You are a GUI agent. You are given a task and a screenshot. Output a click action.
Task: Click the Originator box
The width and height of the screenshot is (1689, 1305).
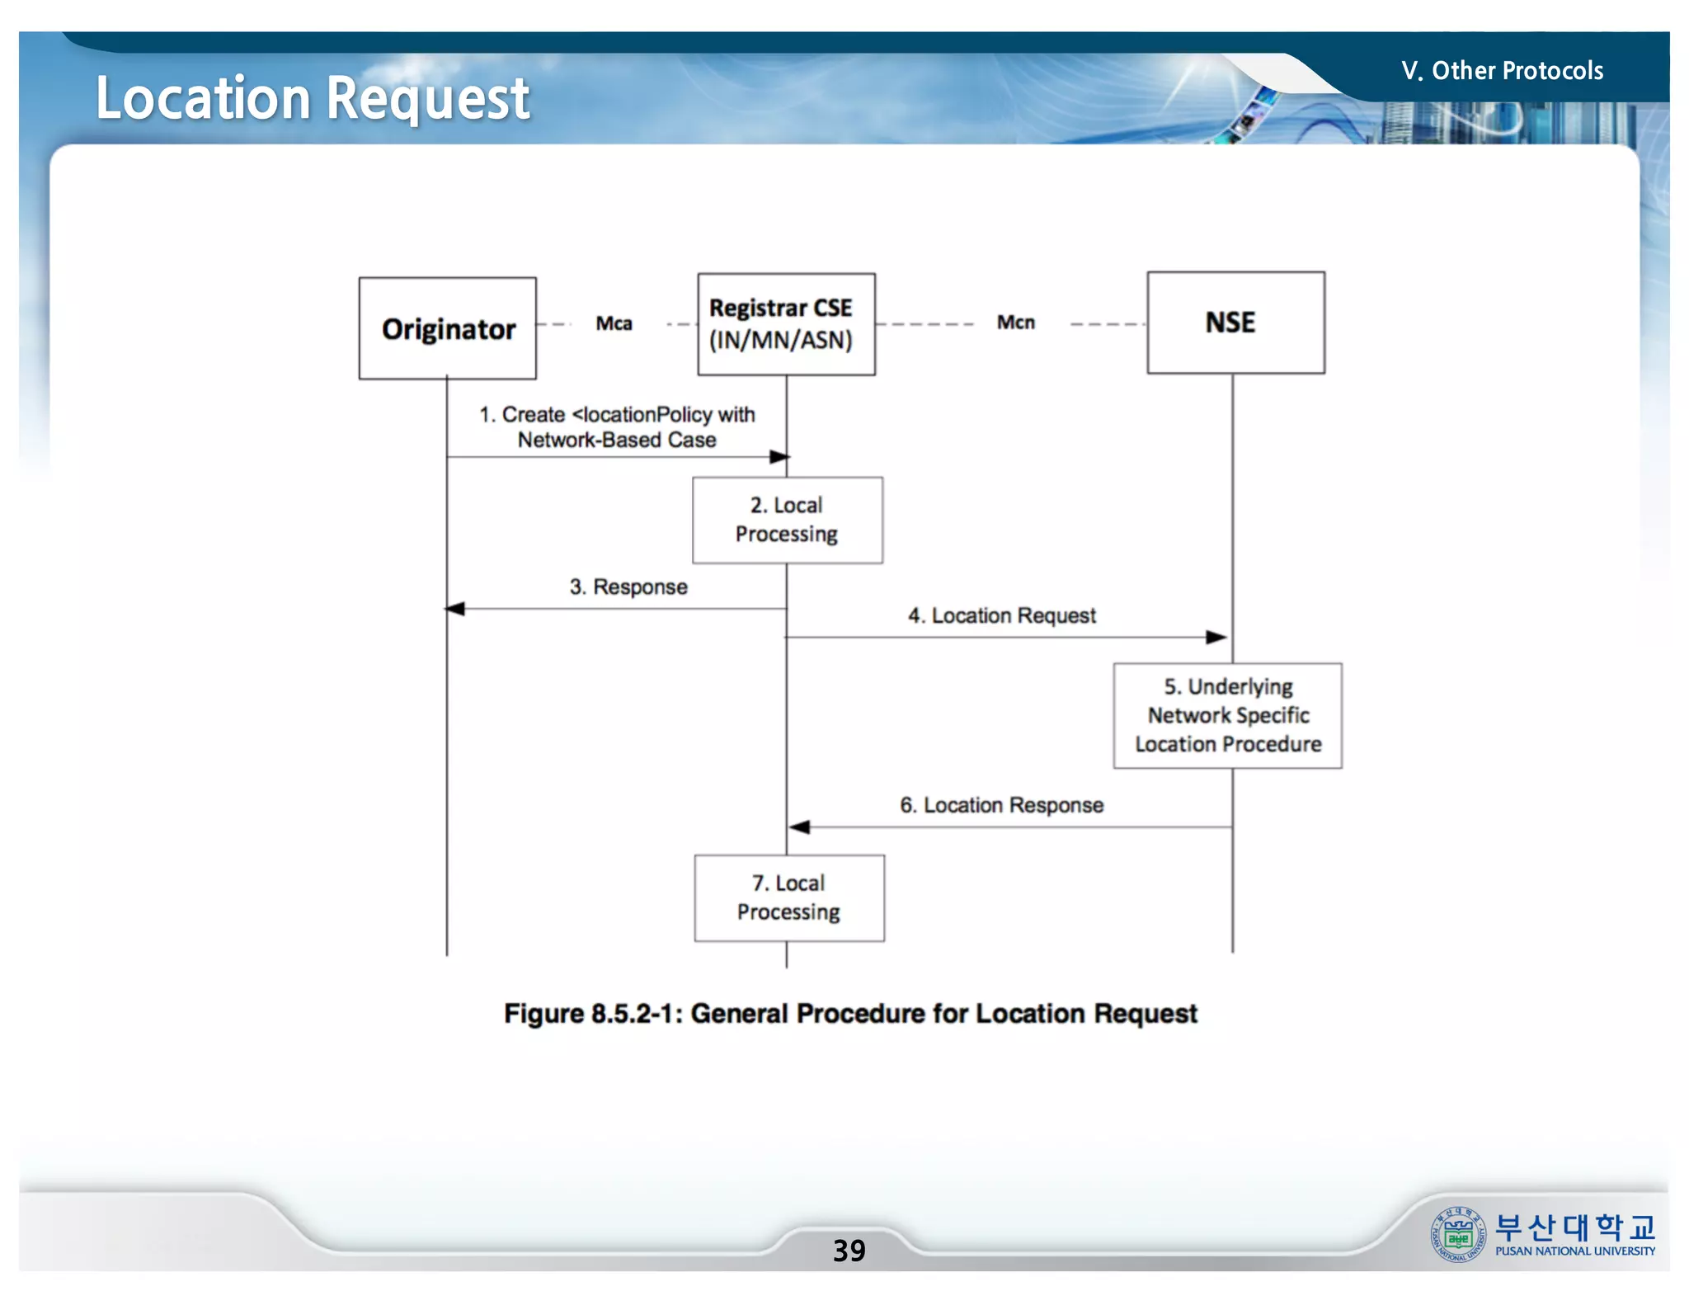pos(447,328)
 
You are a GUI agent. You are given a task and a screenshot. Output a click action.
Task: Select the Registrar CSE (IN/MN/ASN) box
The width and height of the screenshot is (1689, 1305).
pos(786,324)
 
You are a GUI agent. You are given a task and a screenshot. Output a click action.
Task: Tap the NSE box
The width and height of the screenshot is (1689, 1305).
pos(1235,323)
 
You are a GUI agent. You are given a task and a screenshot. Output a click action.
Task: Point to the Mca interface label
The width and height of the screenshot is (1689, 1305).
pos(614,323)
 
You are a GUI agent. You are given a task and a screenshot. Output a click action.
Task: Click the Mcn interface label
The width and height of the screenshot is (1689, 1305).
pos(1015,323)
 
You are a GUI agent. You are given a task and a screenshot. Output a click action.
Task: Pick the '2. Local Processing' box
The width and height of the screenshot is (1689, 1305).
pos(787,521)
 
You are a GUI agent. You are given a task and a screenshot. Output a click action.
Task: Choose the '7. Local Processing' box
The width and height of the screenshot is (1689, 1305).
pos(789,897)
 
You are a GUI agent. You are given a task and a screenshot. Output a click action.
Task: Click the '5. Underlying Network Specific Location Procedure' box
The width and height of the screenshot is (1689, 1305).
pos(1227,716)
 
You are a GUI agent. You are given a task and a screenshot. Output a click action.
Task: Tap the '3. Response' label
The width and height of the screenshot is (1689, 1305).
pos(628,587)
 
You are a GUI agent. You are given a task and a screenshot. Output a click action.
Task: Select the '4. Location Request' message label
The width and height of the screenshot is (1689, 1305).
pos(1001,615)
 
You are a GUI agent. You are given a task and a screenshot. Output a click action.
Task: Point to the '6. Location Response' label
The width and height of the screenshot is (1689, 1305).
pos(1001,805)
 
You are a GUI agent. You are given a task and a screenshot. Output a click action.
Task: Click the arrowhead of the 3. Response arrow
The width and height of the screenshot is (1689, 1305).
pos(455,609)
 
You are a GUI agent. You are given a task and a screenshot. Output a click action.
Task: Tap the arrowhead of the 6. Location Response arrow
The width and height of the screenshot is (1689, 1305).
pos(799,827)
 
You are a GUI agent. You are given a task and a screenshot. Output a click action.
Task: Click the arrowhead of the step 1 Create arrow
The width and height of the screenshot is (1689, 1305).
pos(779,456)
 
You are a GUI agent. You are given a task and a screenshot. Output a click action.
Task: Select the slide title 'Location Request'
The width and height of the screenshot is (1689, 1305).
pos(313,98)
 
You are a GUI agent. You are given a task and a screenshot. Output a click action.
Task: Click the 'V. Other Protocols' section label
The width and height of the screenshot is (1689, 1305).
pos(1502,71)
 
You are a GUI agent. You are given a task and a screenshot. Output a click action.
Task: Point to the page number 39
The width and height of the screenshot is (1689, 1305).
pos(849,1251)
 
